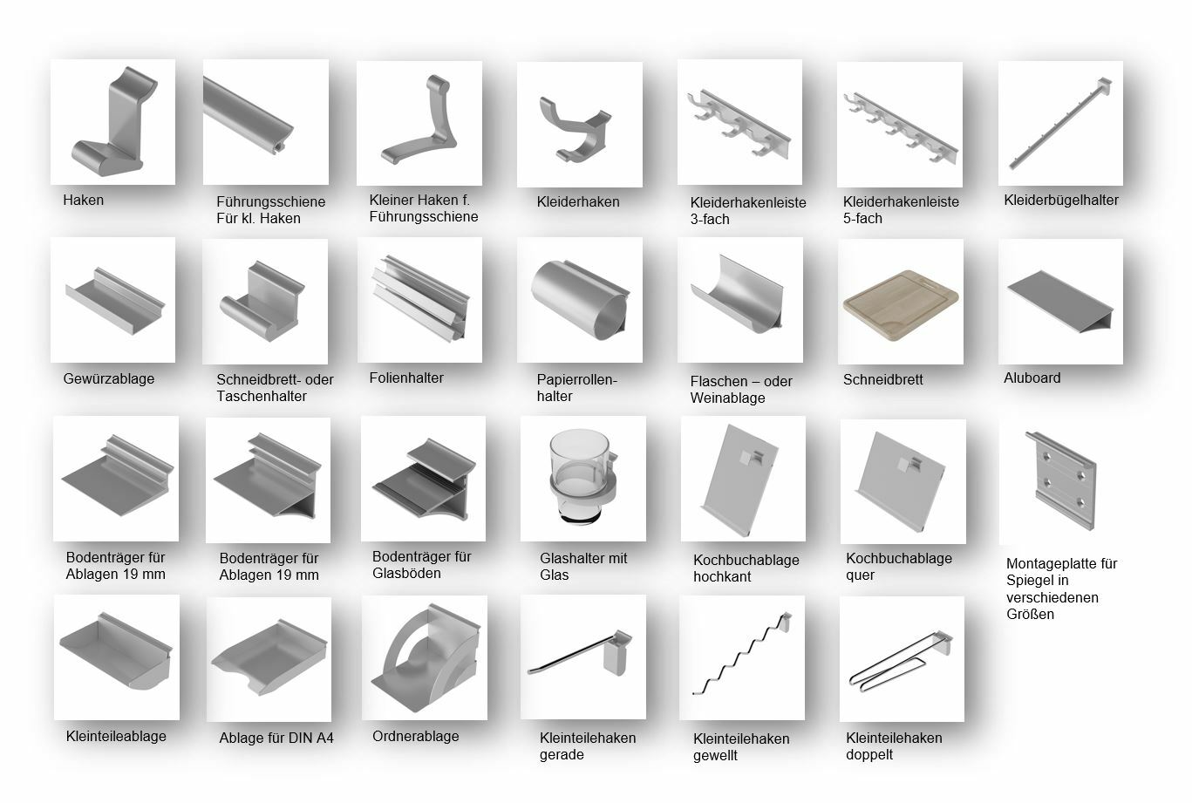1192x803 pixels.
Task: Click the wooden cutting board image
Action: point(901,307)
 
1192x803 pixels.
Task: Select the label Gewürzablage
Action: point(108,379)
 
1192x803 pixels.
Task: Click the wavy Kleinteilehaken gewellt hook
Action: point(742,655)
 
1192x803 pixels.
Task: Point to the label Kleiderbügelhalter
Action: point(1061,200)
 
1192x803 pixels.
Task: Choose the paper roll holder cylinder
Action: point(580,300)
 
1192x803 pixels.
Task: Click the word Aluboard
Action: point(1032,378)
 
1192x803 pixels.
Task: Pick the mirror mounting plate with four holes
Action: point(1061,480)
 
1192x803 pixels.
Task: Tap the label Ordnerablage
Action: point(416,736)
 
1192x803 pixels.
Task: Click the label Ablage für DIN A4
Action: point(276,738)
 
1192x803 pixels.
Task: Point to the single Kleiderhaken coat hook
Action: point(576,128)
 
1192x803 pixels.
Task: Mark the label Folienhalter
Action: point(406,378)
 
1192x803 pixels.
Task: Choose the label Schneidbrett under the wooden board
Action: point(882,379)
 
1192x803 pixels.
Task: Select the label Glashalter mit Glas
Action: point(583,566)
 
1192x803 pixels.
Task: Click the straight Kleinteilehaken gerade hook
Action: point(580,652)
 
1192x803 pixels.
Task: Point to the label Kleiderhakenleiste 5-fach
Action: point(901,209)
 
